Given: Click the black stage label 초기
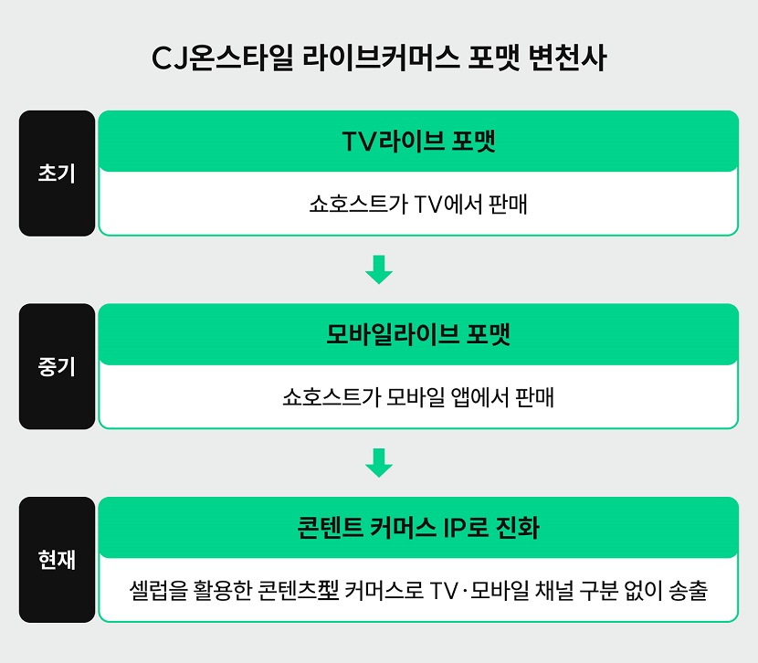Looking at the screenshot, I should pyautogui.click(x=57, y=174).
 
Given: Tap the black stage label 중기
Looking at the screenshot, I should pyautogui.click(x=57, y=366).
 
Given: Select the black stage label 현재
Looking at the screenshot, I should pyautogui.click(x=57, y=560).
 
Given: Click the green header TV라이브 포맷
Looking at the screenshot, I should pyautogui.click(x=418, y=142).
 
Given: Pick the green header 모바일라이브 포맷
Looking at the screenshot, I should pyautogui.click(x=418, y=334).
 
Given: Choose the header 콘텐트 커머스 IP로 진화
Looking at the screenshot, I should pyautogui.click(x=418, y=528).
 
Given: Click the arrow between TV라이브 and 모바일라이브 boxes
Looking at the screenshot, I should pyautogui.click(x=378, y=269).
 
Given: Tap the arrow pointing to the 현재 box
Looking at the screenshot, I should pyautogui.click(x=378, y=463).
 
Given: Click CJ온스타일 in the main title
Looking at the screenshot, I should pyautogui.click(x=211, y=58).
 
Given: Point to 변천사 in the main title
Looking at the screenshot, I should pyautogui.click(x=568, y=58).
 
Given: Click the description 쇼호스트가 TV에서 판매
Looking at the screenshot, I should pyautogui.click(x=418, y=204).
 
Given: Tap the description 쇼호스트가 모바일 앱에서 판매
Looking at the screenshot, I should pyautogui.click(x=418, y=397).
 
